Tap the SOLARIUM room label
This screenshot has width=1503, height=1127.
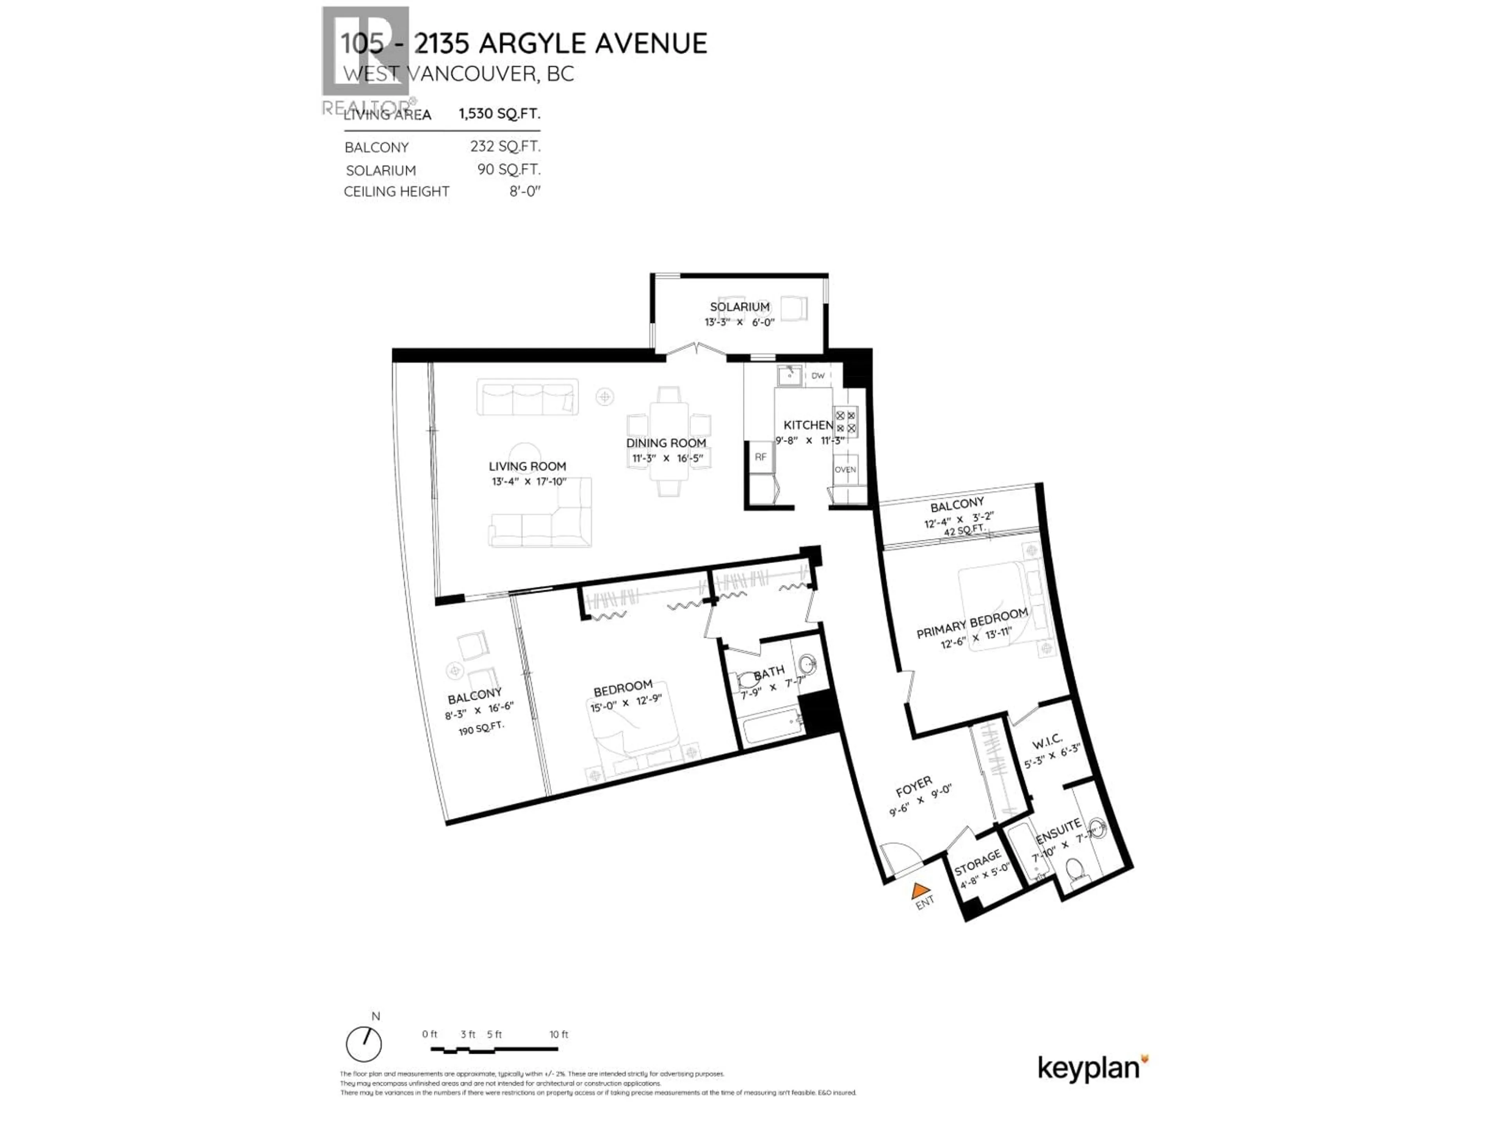click(739, 307)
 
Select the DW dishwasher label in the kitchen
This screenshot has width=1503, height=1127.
click(818, 376)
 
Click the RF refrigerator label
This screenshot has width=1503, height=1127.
click(761, 457)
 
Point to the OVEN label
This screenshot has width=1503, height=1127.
click(845, 470)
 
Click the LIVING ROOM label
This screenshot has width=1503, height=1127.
click(527, 467)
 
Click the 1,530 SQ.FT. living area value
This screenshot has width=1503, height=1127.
click(499, 113)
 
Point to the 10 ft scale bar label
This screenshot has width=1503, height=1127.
click(559, 1035)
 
